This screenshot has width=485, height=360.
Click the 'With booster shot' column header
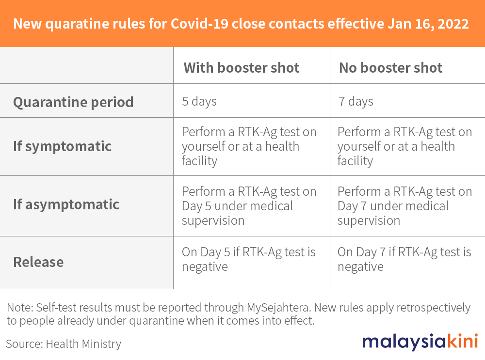241,68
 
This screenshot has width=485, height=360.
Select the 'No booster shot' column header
390,68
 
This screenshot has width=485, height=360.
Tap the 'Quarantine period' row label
73,102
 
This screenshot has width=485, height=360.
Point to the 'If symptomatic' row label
62,146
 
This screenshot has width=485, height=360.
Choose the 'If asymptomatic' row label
66,204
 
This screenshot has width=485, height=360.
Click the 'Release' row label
38,262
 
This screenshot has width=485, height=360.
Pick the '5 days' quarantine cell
199,101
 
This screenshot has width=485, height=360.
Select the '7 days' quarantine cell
356,101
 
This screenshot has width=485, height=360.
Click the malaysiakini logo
420,342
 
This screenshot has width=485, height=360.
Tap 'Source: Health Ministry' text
64,344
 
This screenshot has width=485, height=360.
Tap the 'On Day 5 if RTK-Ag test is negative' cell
249,259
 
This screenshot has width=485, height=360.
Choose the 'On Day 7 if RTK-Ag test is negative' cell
404,259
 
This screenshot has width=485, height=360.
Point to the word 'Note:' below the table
20,308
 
